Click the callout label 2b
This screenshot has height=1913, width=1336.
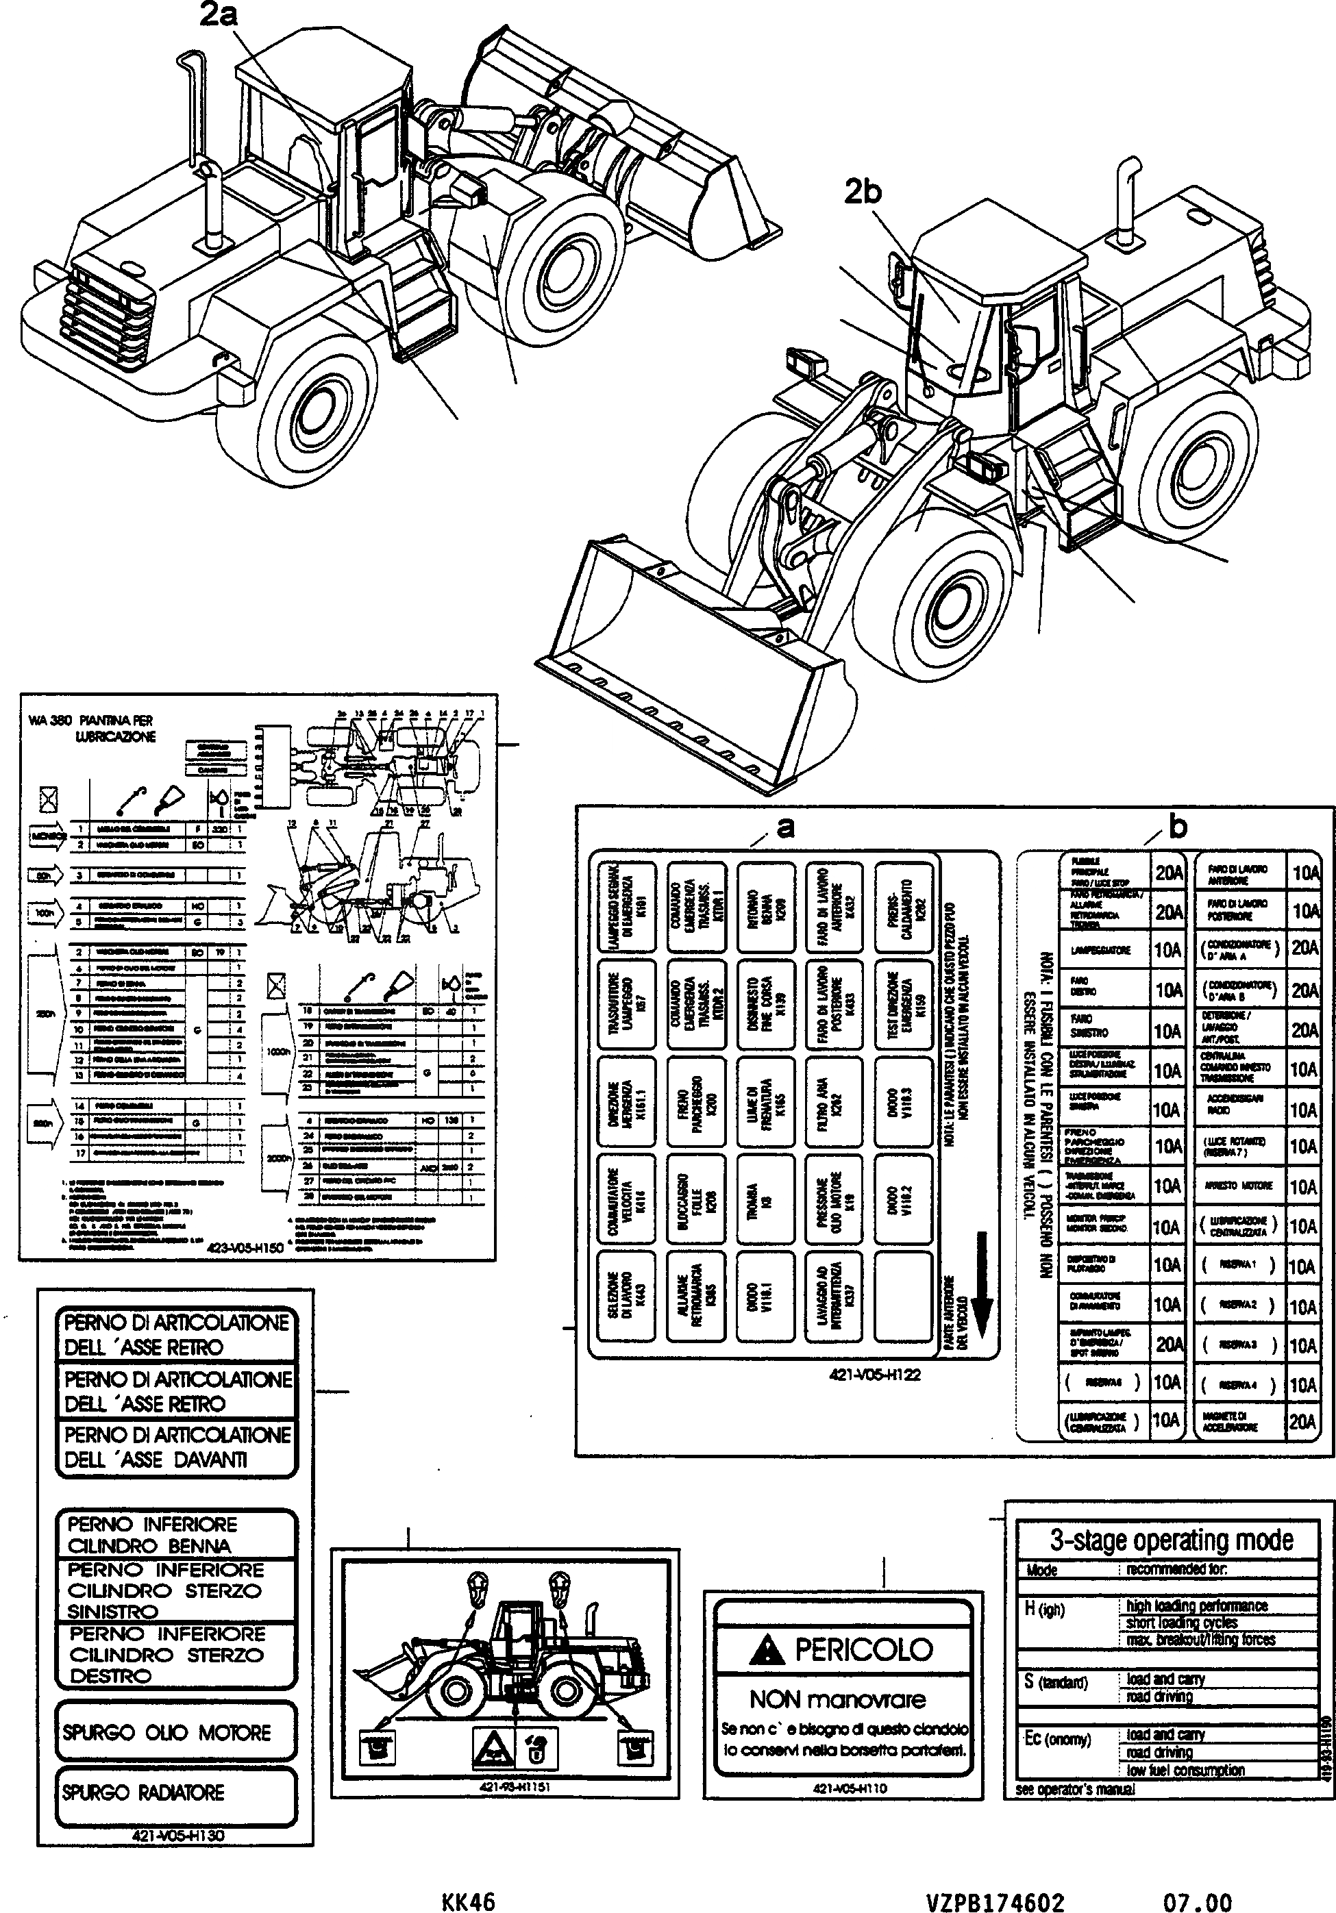[x=862, y=192]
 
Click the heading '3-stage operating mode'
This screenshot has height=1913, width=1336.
[x=1171, y=1540]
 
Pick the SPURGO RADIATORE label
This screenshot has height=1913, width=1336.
[x=143, y=1792]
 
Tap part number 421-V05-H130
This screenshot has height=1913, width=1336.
[x=177, y=1836]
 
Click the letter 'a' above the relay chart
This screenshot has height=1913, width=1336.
[x=785, y=827]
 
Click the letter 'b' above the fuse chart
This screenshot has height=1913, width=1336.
[x=1178, y=827]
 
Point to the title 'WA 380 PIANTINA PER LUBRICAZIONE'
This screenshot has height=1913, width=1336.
[x=92, y=728]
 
